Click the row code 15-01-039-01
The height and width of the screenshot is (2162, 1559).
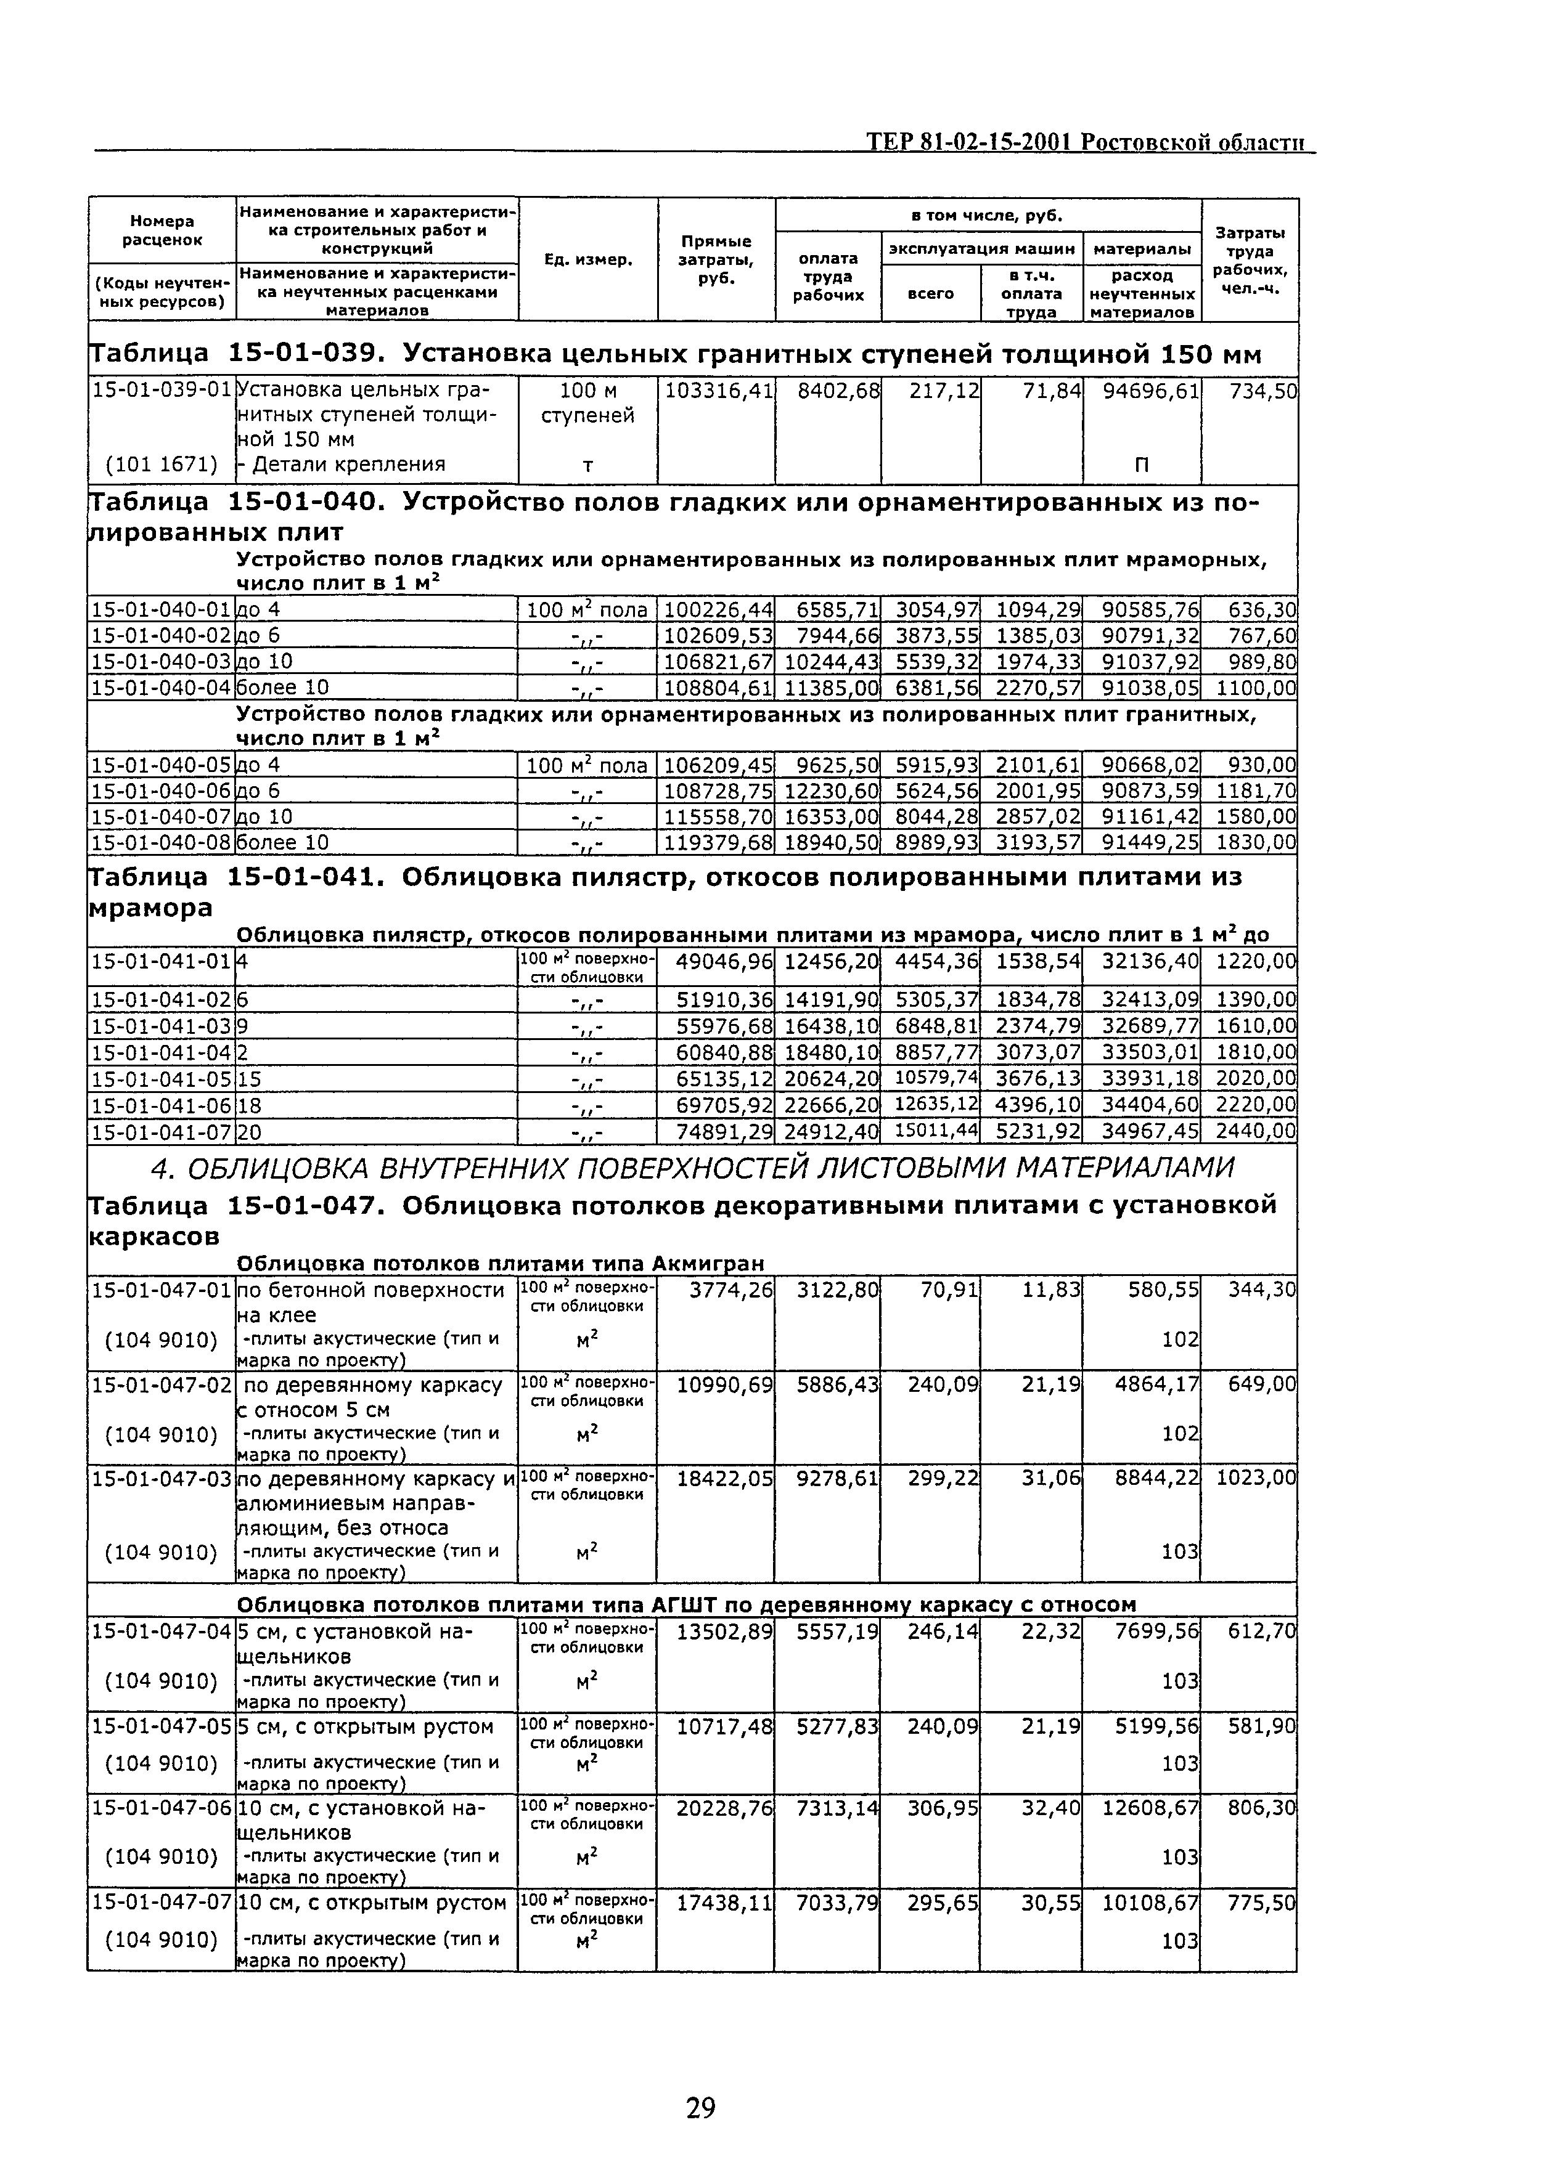[x=161, y=390]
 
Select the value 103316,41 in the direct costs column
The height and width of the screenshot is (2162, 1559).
[x=717, y=390]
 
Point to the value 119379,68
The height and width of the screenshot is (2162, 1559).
[x=717, y=842]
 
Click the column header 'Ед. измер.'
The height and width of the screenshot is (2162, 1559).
[x=587, y=259]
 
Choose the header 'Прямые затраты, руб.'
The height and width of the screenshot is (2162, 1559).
[x=715, y=259]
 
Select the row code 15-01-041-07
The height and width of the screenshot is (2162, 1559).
[x=161, y=1132]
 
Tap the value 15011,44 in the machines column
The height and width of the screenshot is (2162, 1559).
[x=935, y=1132]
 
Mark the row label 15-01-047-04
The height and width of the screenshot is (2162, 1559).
[x=161, y=1631]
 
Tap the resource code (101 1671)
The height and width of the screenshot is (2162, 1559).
[x=161, y=464]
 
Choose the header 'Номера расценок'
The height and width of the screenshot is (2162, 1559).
[x=161, y=230]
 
